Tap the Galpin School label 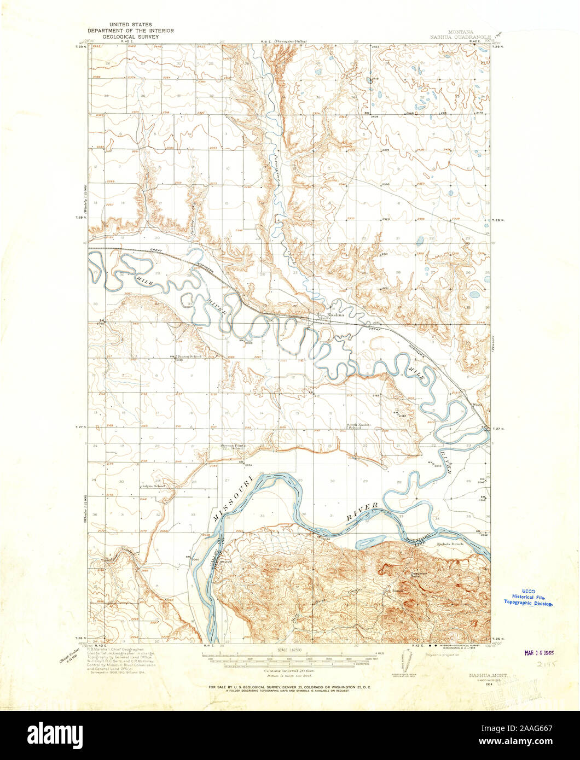click(x=153, y=486)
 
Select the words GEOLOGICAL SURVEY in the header click(x=131, y=37)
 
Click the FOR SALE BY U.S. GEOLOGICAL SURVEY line click(x=289, y=686)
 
